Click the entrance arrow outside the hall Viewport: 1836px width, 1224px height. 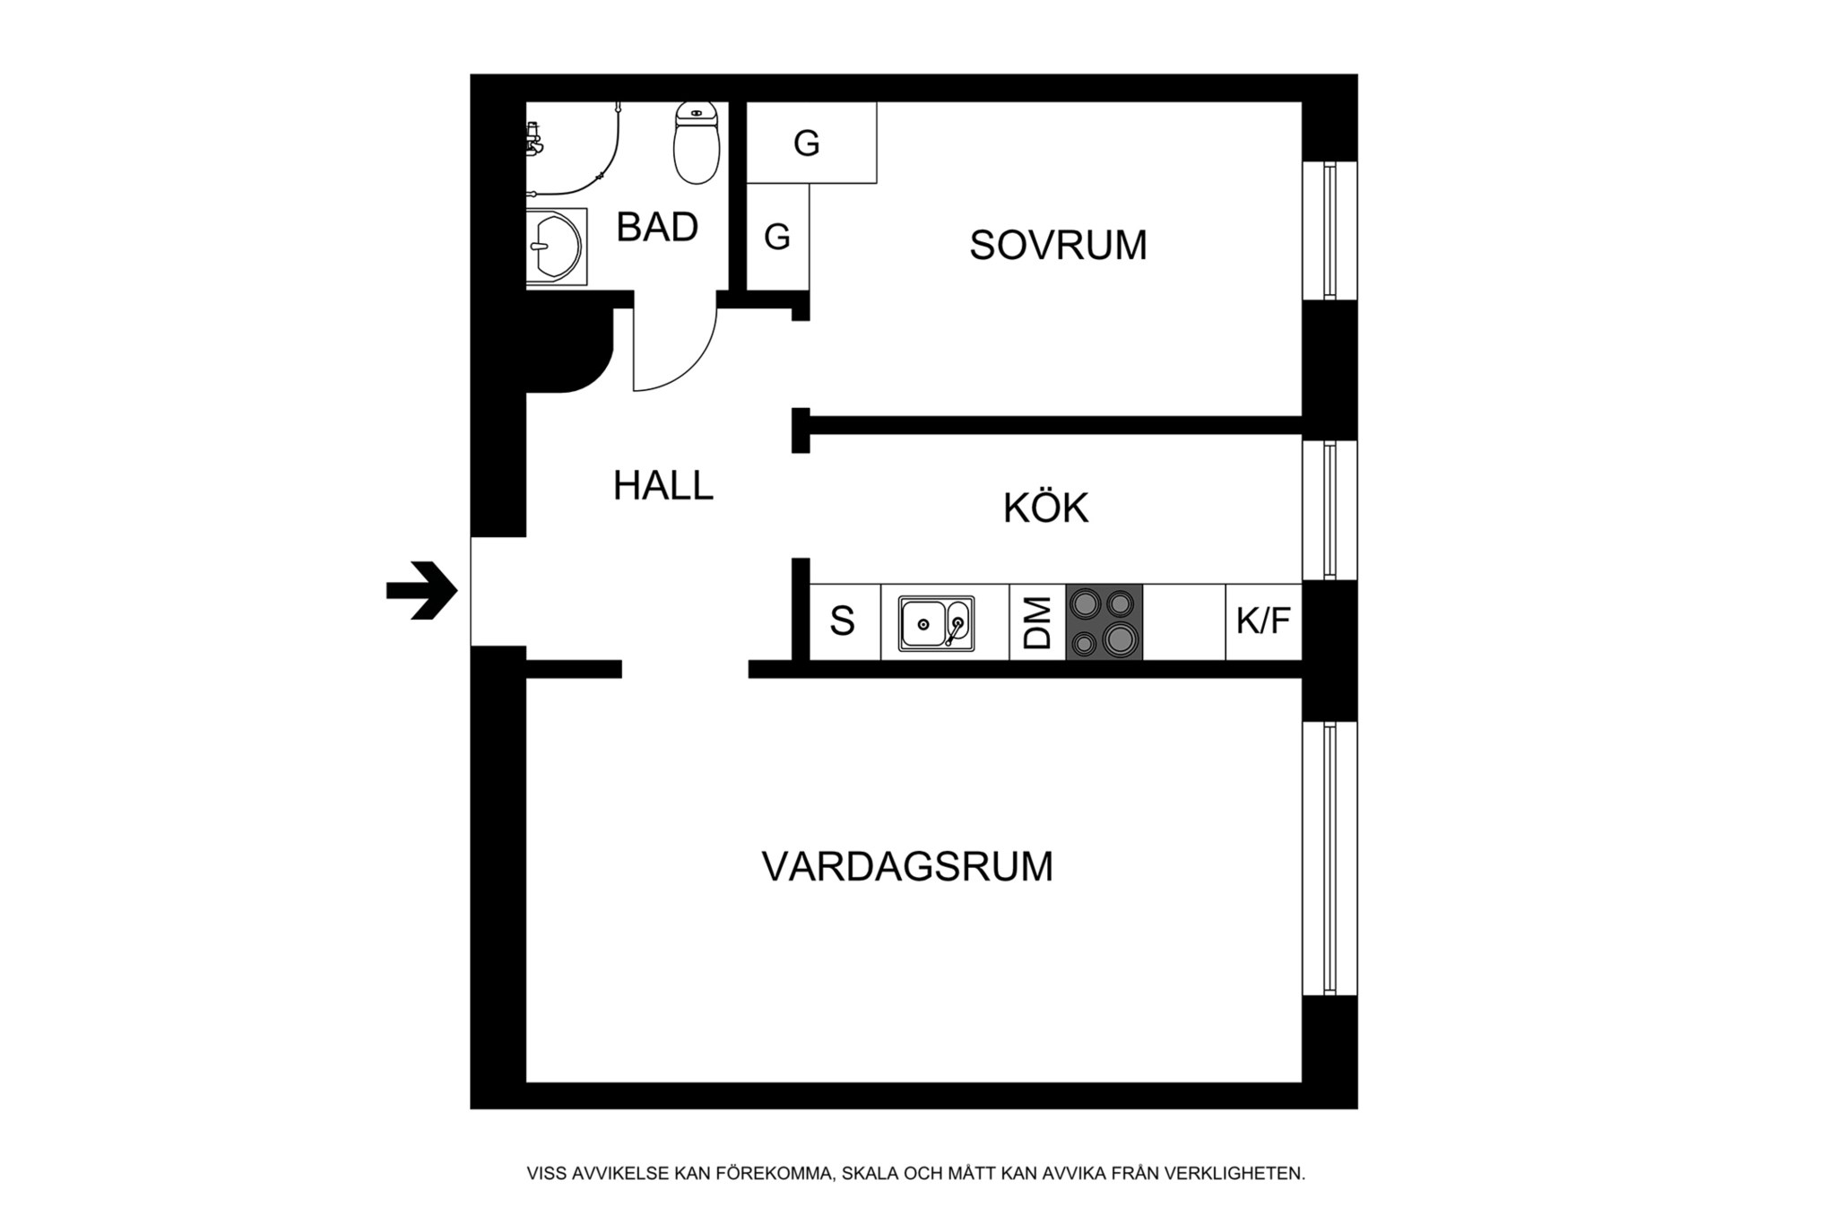coord(422,590)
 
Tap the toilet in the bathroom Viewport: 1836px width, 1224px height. coord(697,143)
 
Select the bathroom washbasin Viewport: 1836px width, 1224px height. coord(556,247)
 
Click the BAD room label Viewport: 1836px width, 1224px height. coord(657,227)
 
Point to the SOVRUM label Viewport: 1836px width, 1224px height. coord(1058,245)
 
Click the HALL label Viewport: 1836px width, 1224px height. coord(663,485)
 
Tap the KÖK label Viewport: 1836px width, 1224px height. coord(1045,507)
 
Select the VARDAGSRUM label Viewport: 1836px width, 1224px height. coord(907,866)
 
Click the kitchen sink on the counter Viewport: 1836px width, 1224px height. coord(936,622)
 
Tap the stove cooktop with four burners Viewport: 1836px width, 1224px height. coord(1104,622)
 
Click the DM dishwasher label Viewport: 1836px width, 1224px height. coord(1037,623)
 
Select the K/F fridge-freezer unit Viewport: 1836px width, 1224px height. coord(1263,622)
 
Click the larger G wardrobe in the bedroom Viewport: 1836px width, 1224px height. coord(811,143)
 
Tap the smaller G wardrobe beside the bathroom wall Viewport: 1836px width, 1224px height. coord(778,237)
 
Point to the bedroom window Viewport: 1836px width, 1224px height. coord(1329,230)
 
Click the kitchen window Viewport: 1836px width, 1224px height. coord(1329,509)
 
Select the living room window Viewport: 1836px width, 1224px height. coord(1329,858)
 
